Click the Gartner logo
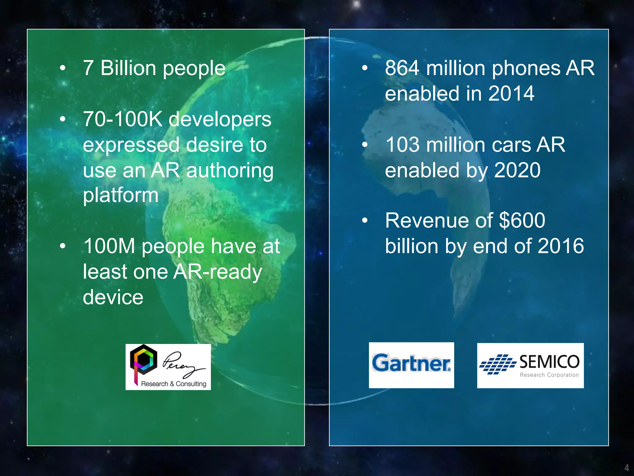click(x=411, y=365)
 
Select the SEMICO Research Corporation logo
click(x=530, y=365)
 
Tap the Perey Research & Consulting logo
click(x=168, y=367)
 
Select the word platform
click(x=121, y=196)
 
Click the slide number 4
click(x=627, y=468)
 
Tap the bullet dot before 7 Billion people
click(x=63, y=68)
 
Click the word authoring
click(x=230, y=171)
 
